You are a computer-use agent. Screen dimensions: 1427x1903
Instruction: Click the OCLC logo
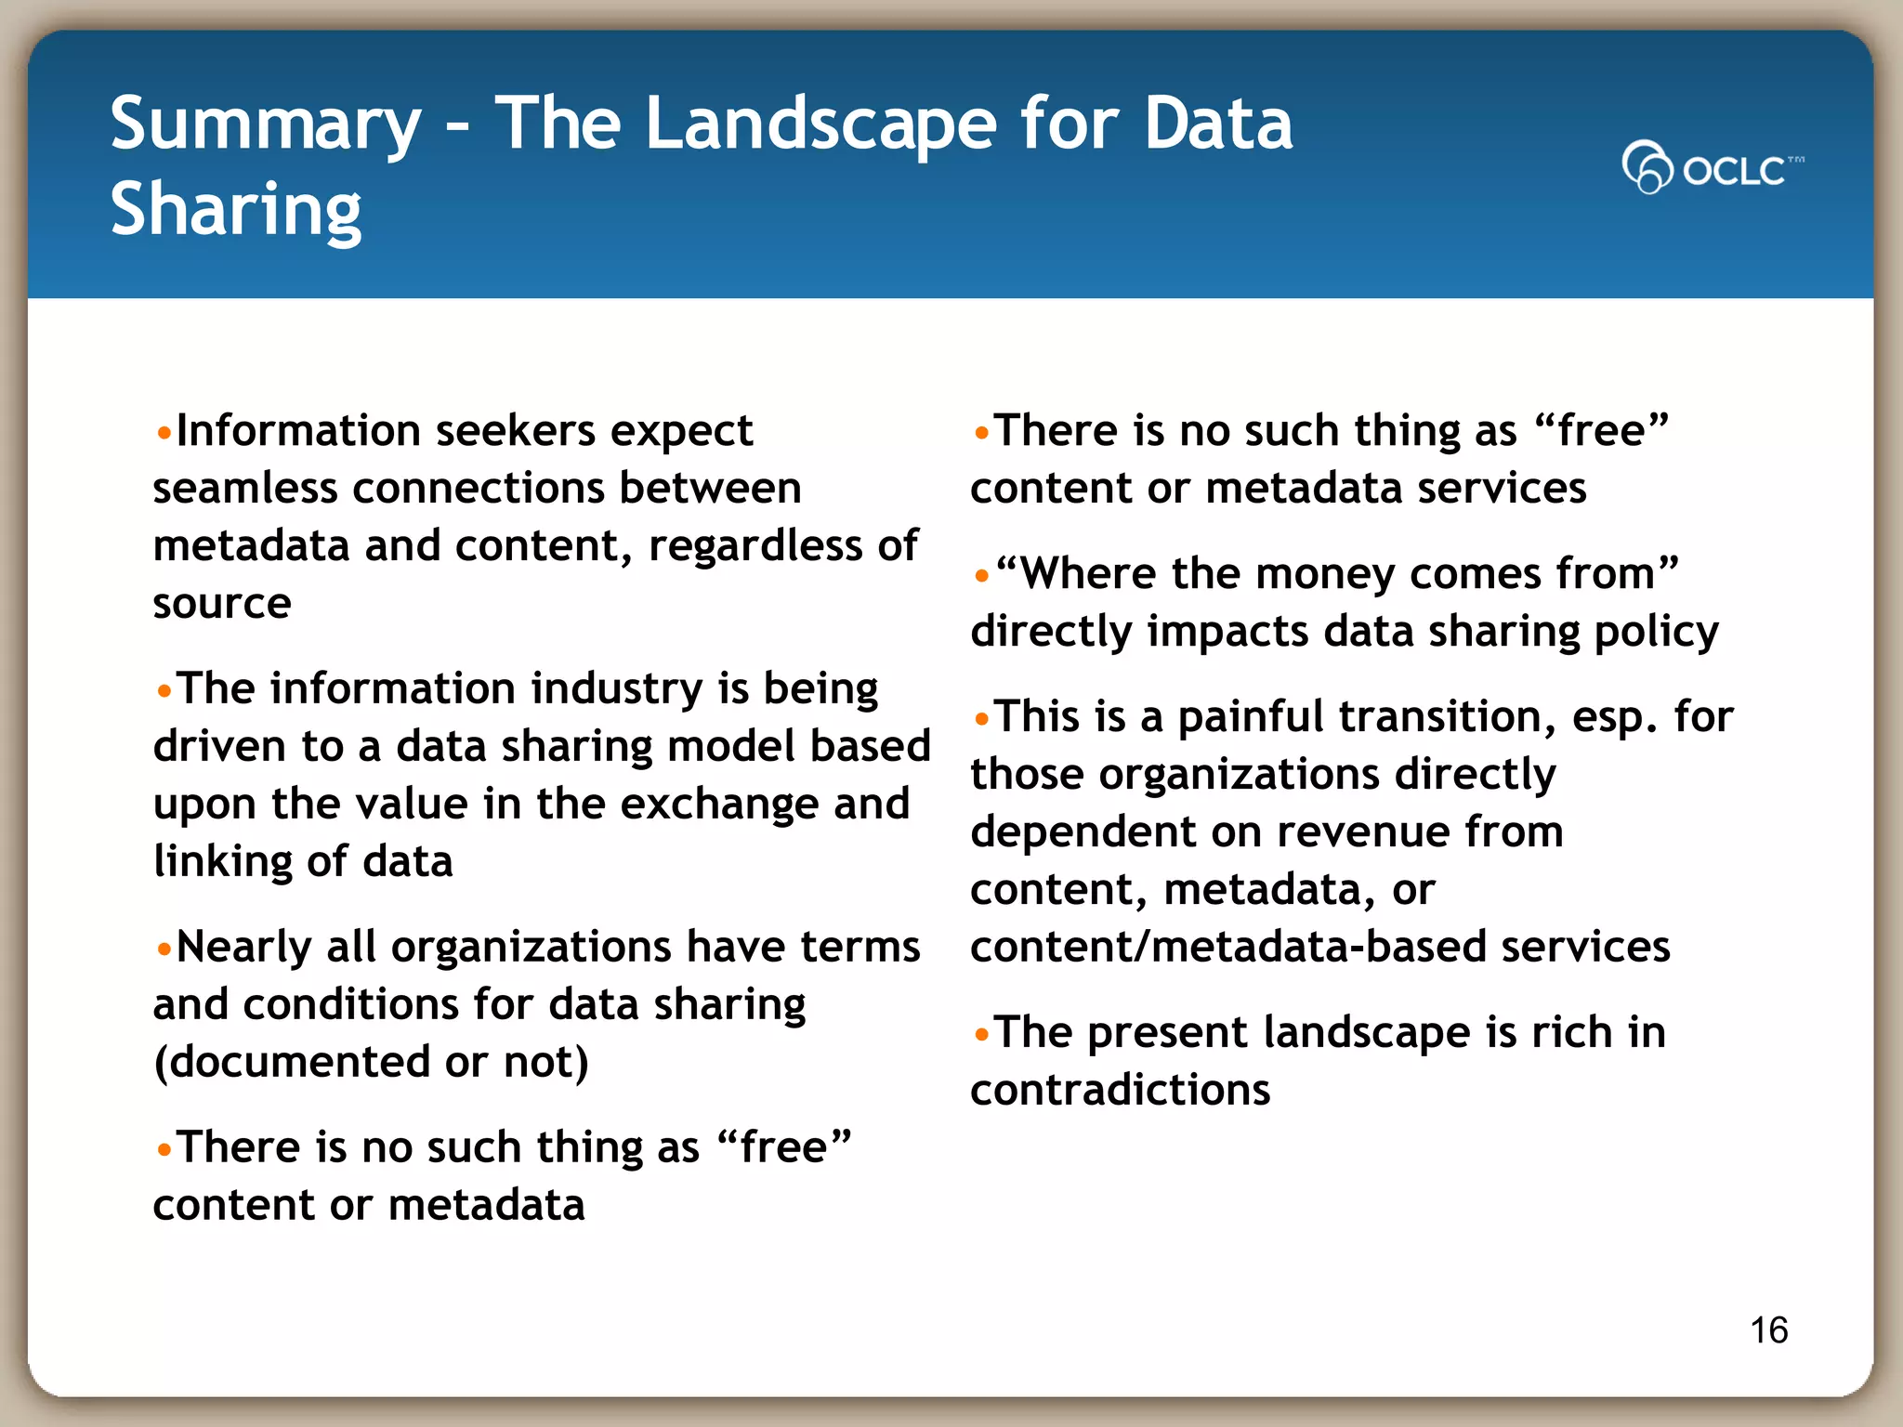tap(1712, 168)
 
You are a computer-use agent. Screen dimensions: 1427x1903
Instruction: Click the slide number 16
tap(1768, 1329)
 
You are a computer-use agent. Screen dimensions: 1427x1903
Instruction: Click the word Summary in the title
tap(266, 125)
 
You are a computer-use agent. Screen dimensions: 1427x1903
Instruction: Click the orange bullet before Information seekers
tap(164, 433)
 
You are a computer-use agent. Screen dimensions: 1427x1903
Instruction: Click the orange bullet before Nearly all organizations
tap(164, 949)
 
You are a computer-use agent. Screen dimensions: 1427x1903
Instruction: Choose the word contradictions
tap(1120, 1091)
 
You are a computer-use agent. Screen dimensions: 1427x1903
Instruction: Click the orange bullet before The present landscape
tap(982, 1034)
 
